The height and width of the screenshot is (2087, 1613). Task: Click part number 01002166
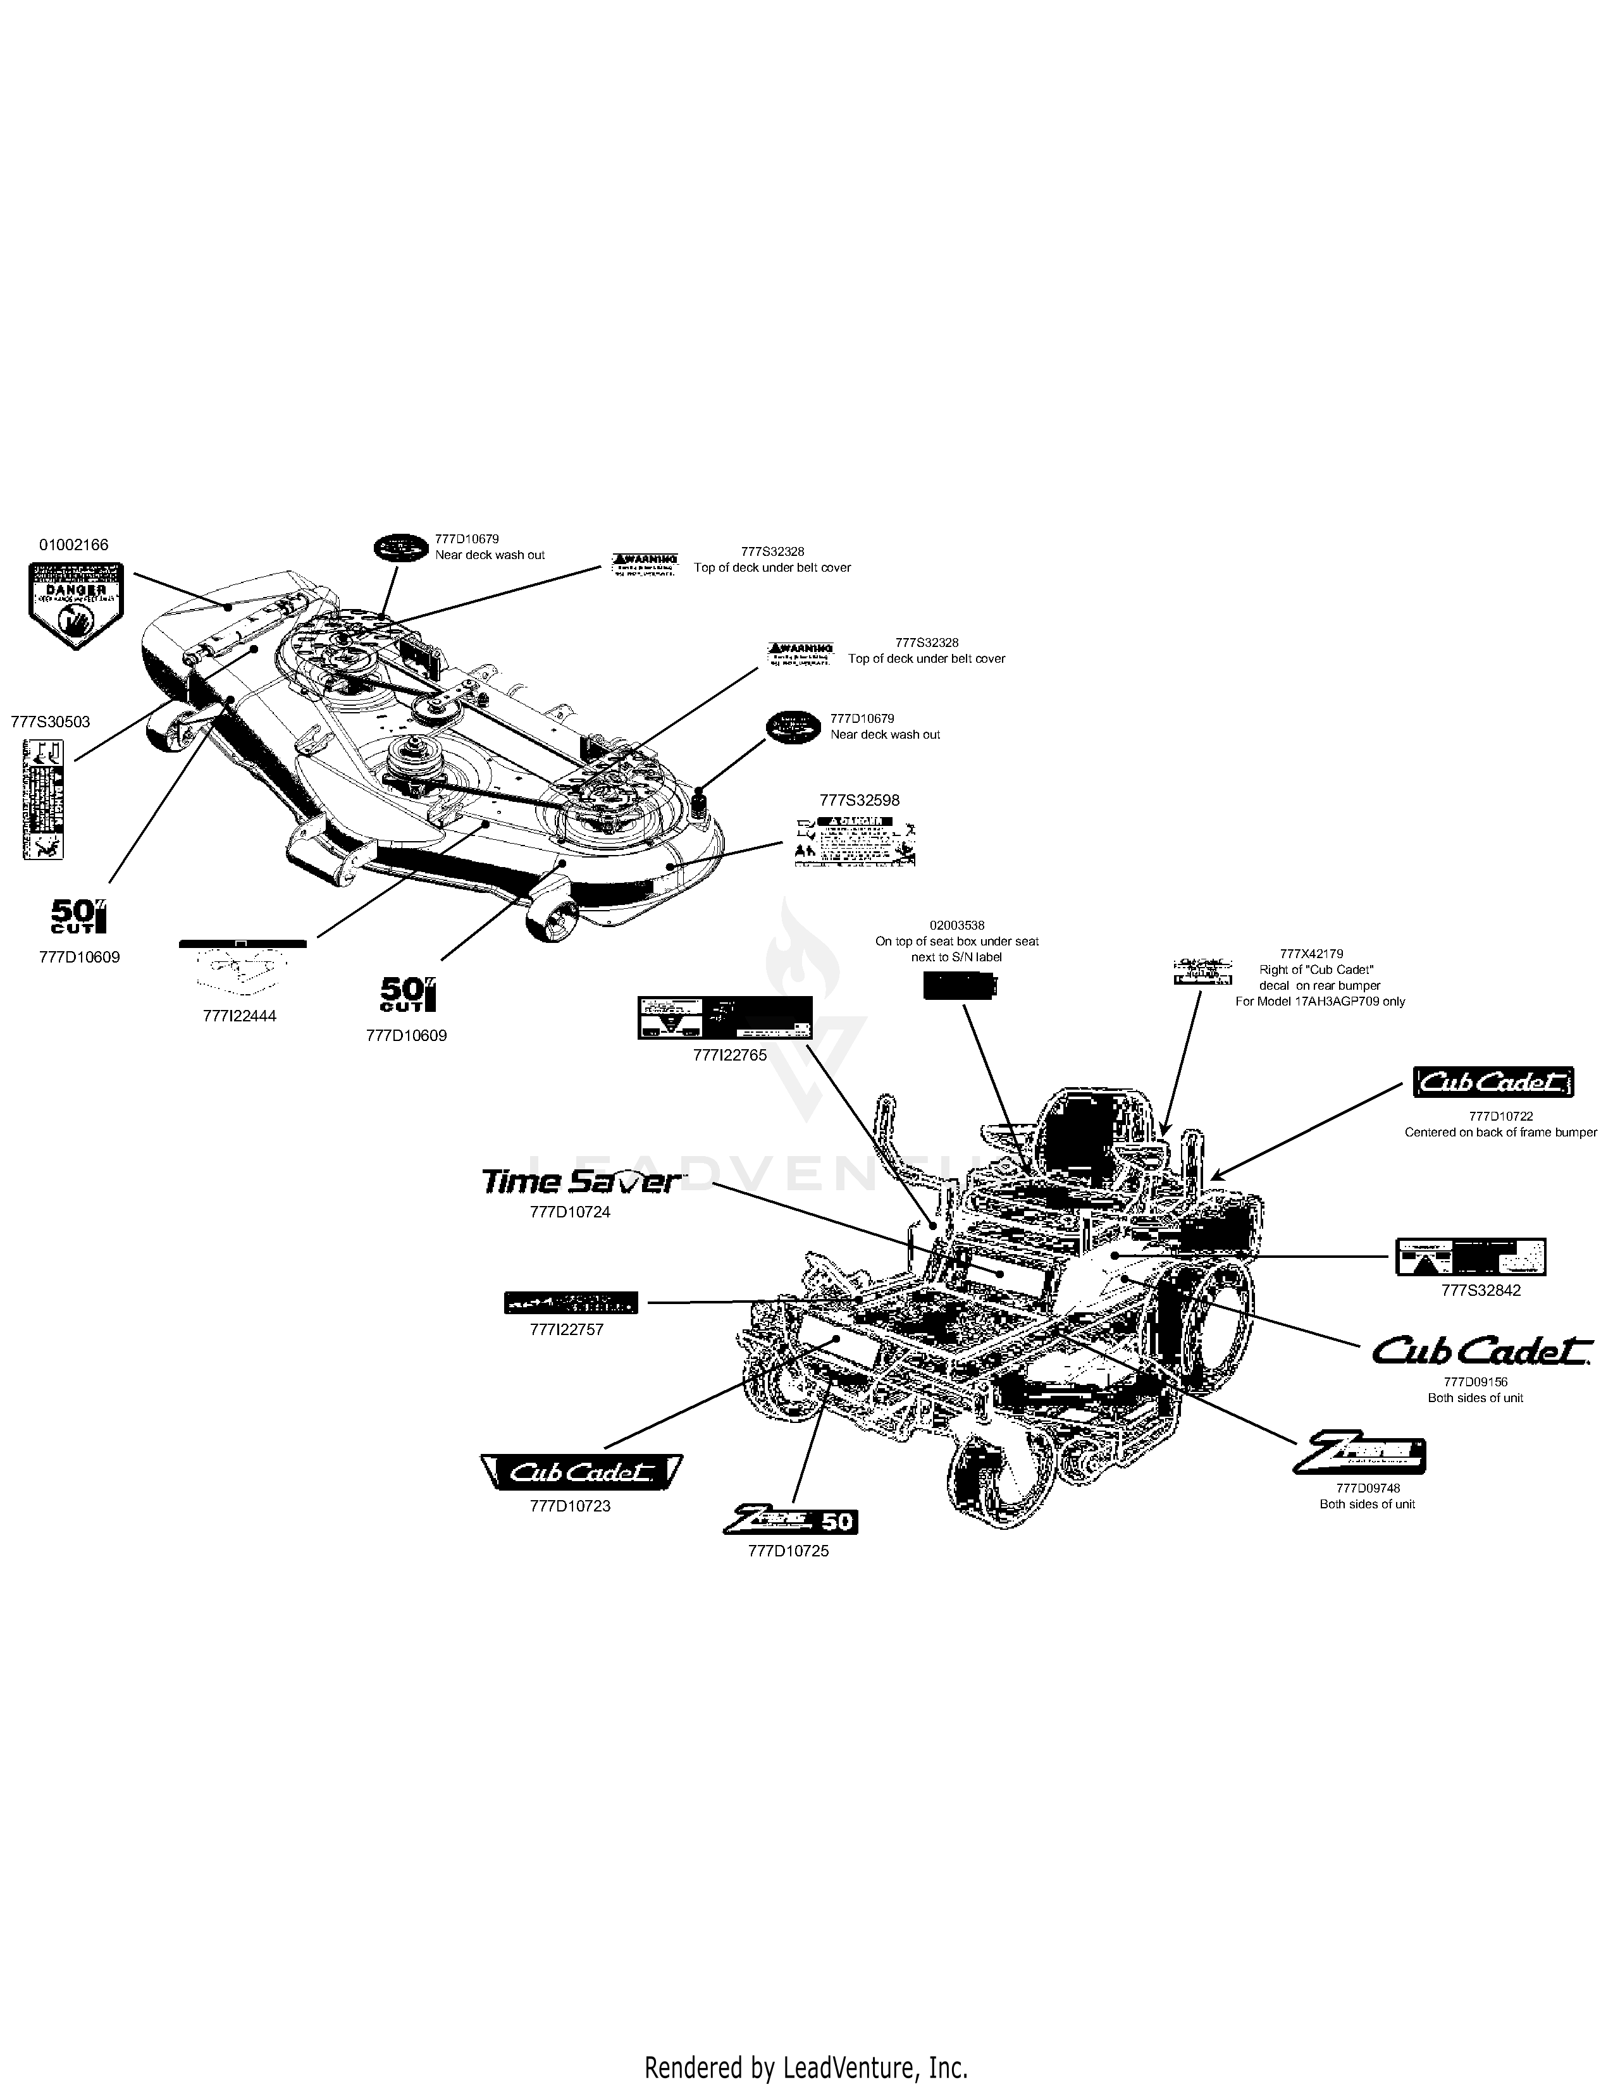pyautogui.click(x=73, y=545)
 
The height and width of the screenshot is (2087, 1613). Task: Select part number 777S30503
pyautogui.click(x=51, y=722)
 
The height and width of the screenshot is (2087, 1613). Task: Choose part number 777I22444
pyautogui.click(x=240, y=1016)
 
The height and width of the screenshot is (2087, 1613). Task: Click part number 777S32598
pyautogui.click(x=859, y=800)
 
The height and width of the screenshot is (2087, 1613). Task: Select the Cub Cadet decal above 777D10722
pyautogui.click(x=1493, y=1083)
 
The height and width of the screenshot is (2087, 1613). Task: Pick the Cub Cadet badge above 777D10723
pyautogui.click(x=581, y=1472)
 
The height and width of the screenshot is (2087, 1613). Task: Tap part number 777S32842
pyautogui.click(x=1481, y=1290)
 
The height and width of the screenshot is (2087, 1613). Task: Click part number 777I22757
pyautogui.click(x=567, y=1329)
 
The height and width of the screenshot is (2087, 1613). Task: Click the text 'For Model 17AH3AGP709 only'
pyautogui.click(x=1319, y=1002)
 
